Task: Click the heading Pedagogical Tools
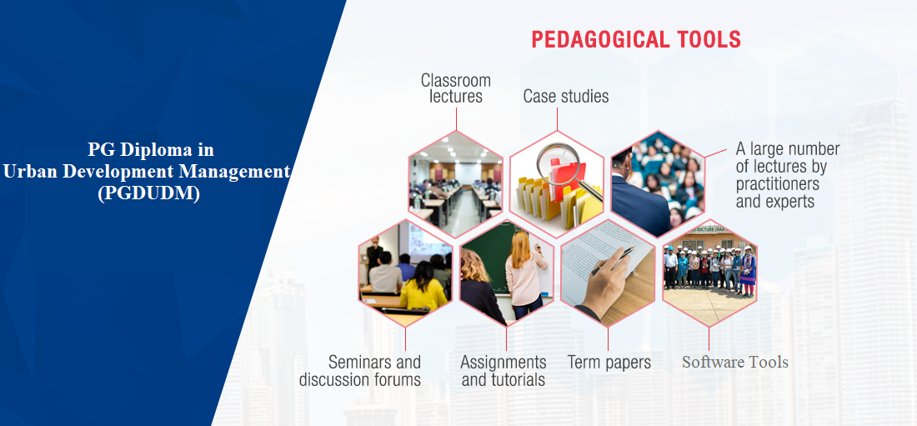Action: point(636,39)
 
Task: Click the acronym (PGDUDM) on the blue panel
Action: point(148,193)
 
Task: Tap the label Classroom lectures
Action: point(455,88)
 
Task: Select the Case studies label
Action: point(565,96)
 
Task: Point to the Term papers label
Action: point(609,362)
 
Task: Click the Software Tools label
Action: point(735,362)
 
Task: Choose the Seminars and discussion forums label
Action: point(359,370)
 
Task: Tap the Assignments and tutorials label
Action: point(503,370)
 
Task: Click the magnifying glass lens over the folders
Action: point(558,162)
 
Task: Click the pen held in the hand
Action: point(614,260)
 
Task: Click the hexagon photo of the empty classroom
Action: point(455,183)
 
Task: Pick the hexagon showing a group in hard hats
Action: point(709,273)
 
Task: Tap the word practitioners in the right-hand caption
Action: point(777,183)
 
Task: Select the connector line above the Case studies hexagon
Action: point(558,118)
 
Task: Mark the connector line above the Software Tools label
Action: point(709,338)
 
